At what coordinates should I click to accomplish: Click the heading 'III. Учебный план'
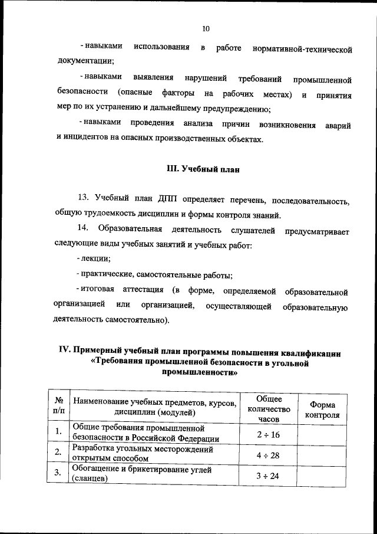pos(204,169)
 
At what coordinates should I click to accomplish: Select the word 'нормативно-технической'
pos(302,50)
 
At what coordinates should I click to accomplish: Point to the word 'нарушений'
pos(205,79)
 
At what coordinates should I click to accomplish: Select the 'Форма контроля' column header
pos(322,409)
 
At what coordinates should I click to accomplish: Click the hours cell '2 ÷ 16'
pos(269,434)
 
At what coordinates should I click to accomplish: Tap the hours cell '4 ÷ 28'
pos(269,455)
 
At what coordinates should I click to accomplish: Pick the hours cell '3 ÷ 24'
pos(269,475)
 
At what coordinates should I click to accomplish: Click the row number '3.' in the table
pos(58,473)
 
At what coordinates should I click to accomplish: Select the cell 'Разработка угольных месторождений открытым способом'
pos(143,453)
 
